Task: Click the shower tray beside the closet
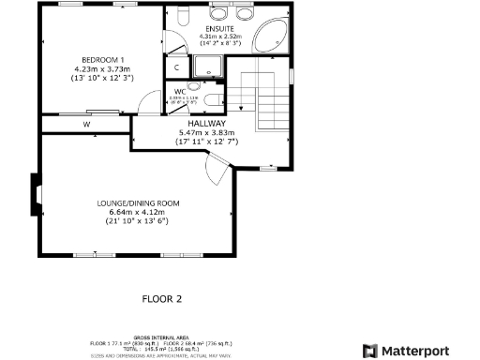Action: [207, 67]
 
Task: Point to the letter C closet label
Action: [177, 68]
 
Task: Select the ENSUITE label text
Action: [221, 28]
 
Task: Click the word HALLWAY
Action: [206, 123]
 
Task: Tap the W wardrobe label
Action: [85, 124]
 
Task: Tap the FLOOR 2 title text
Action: [160, 300]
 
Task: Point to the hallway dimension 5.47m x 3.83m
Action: [206, 133]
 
